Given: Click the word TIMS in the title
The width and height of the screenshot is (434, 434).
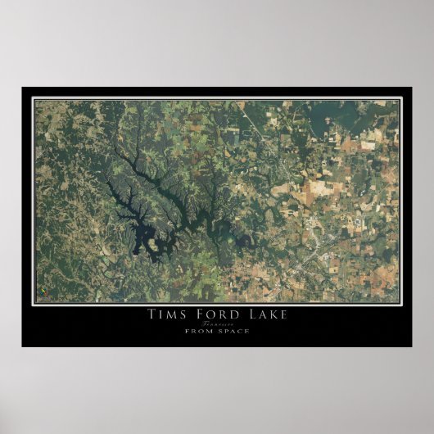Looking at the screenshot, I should (x=165, y=314).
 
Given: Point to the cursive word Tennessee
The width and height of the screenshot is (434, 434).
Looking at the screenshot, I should (x=215, y=323).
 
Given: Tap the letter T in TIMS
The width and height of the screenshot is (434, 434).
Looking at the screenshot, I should (x=151, y=314).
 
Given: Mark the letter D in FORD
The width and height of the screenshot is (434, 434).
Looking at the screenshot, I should (x=229, y=314).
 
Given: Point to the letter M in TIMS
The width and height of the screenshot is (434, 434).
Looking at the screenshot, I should (x=170, y=314).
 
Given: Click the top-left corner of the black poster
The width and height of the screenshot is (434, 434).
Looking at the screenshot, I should (x=22, y=88).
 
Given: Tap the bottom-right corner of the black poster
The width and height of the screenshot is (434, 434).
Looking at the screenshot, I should (x=412, y=346).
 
